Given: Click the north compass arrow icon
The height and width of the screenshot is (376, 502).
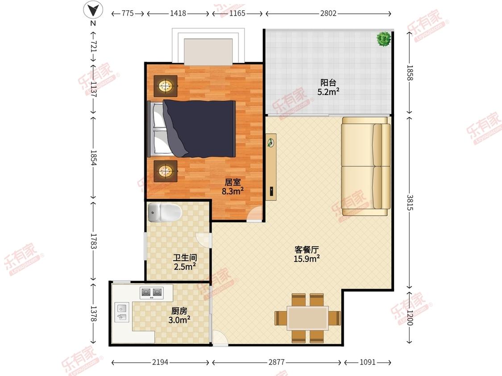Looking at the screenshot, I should [x=93, y=9].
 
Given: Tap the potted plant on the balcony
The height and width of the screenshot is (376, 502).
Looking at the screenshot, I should [x=383, y=39].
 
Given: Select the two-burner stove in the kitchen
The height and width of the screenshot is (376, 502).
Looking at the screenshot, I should [x=151, y=292].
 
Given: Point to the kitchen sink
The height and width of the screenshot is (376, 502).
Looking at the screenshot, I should [x=122, y=312].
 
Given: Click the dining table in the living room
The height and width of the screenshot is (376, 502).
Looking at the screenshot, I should [x=308, y=318].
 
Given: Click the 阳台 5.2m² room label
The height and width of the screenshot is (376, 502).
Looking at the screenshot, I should [x=328, y=87].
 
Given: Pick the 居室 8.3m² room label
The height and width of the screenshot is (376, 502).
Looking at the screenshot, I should [x=232, y=187].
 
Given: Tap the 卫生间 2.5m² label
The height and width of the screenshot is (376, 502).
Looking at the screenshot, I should [x=185, y=262].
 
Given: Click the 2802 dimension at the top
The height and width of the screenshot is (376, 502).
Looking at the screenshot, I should [x=328, y=13].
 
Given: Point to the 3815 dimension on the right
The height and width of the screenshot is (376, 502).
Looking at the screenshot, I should [x=410, y=203].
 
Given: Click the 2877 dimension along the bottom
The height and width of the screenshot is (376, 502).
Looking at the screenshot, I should [x=277, y=362].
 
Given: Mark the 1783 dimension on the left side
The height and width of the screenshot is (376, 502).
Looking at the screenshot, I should [x=93, y=241].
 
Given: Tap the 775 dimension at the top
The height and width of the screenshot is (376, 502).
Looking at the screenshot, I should [x=128, y=13].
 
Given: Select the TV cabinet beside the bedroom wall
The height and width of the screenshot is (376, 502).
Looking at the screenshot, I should [x=271, y=167].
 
